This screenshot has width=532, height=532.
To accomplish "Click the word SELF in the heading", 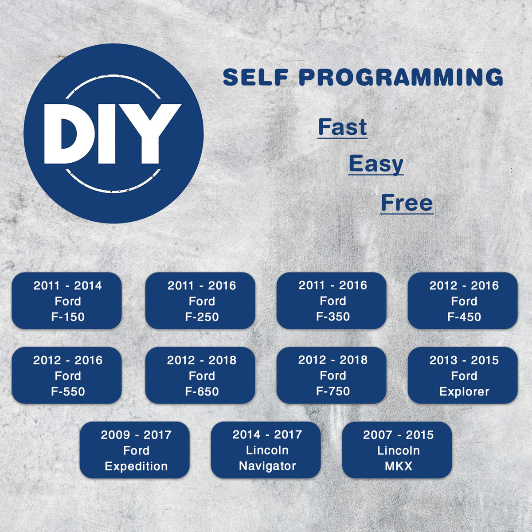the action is point(256,77).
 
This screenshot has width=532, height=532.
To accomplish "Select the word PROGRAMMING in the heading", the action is point(401,77).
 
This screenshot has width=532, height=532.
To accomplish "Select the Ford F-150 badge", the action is point(66,301).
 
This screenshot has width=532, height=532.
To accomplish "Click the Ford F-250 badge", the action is point(200,301).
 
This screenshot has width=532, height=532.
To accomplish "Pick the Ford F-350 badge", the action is point(331,301).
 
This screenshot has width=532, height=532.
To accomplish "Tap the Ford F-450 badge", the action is point(463,301).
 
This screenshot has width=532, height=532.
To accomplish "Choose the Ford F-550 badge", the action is point(66,376).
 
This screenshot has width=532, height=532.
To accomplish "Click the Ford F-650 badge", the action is point(200,376).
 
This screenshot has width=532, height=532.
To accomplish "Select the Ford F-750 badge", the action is point(331,376).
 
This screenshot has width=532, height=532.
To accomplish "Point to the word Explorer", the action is point(464,392).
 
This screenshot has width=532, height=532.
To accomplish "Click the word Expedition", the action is point(136,467).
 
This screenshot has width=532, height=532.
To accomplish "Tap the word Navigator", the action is point(267,466).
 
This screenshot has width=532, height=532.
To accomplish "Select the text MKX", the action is point(399,466).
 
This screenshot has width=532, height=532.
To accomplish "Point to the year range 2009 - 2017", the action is point(136,435).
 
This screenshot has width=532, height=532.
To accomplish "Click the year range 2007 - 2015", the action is point(399,435).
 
